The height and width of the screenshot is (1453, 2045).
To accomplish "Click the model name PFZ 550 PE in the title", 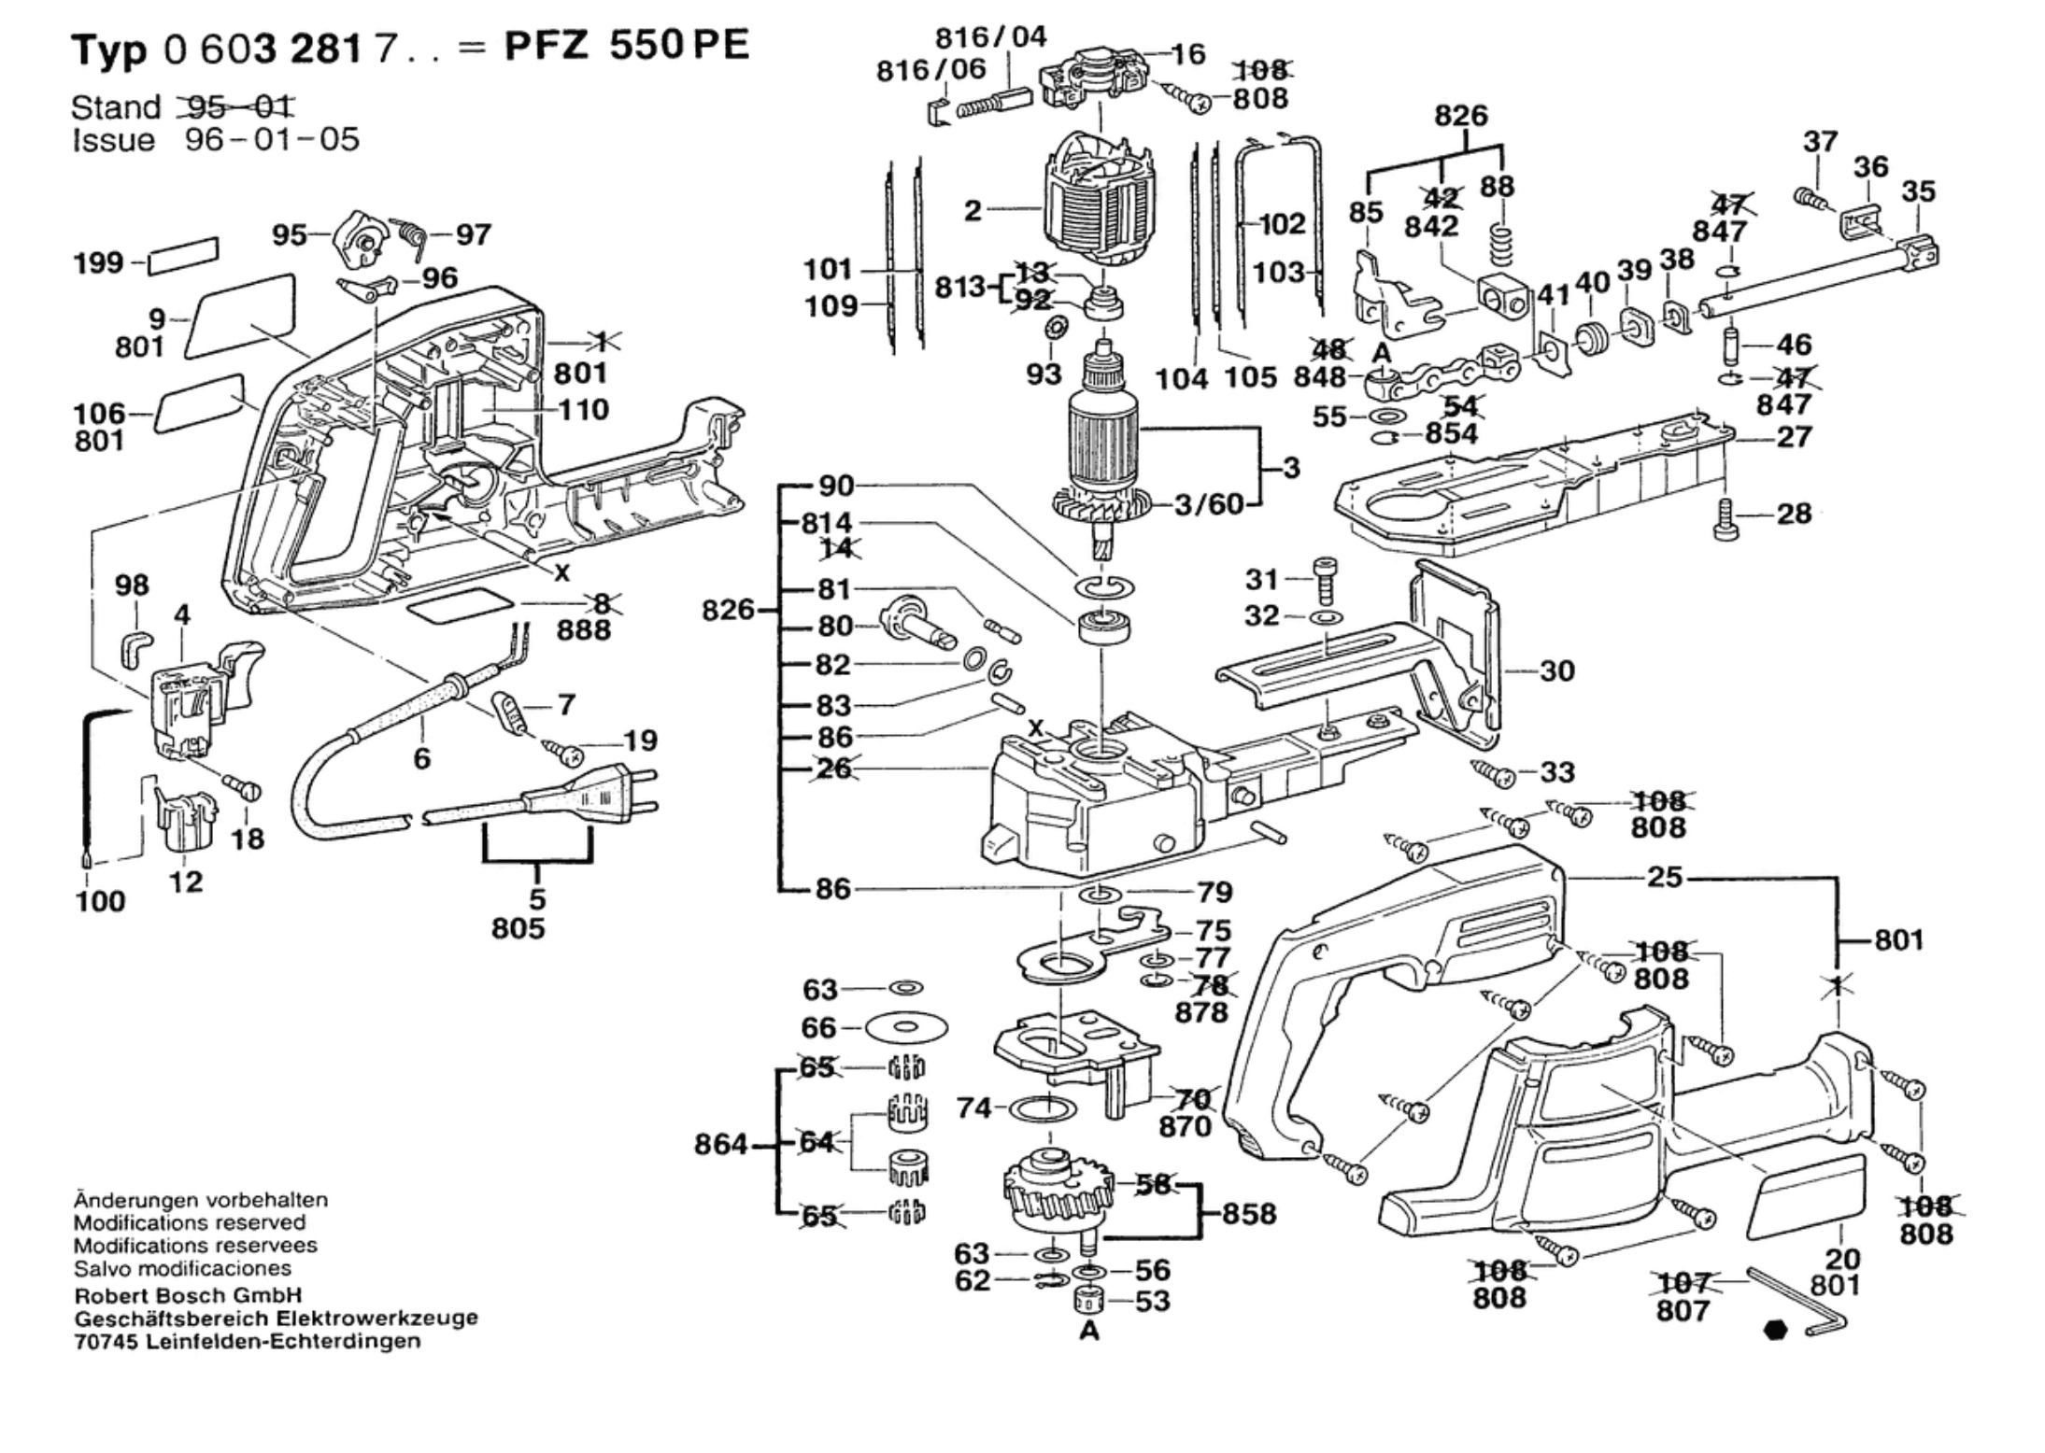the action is (x=626, y=46).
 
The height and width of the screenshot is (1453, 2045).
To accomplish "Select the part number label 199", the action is (x=98, y=263).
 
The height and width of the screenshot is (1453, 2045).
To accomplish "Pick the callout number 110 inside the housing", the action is (x=583, y=410).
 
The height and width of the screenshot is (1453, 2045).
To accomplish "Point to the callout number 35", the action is (x=1918, y=192).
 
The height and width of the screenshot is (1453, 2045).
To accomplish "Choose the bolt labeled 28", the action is (x=1725, y=520).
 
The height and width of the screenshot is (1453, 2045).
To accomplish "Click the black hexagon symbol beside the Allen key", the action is (x=1776, y=1330).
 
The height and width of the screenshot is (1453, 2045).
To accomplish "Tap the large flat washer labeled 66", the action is (x=907, y=1027).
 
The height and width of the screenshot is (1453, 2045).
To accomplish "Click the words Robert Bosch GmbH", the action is (x=189, y=1295).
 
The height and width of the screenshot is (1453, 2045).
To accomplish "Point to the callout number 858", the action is (x=1249, y=1214).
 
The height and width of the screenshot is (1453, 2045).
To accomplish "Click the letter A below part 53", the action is (x=1089, y=1332).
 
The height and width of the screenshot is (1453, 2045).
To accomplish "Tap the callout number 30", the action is (x=1556, y=670).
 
